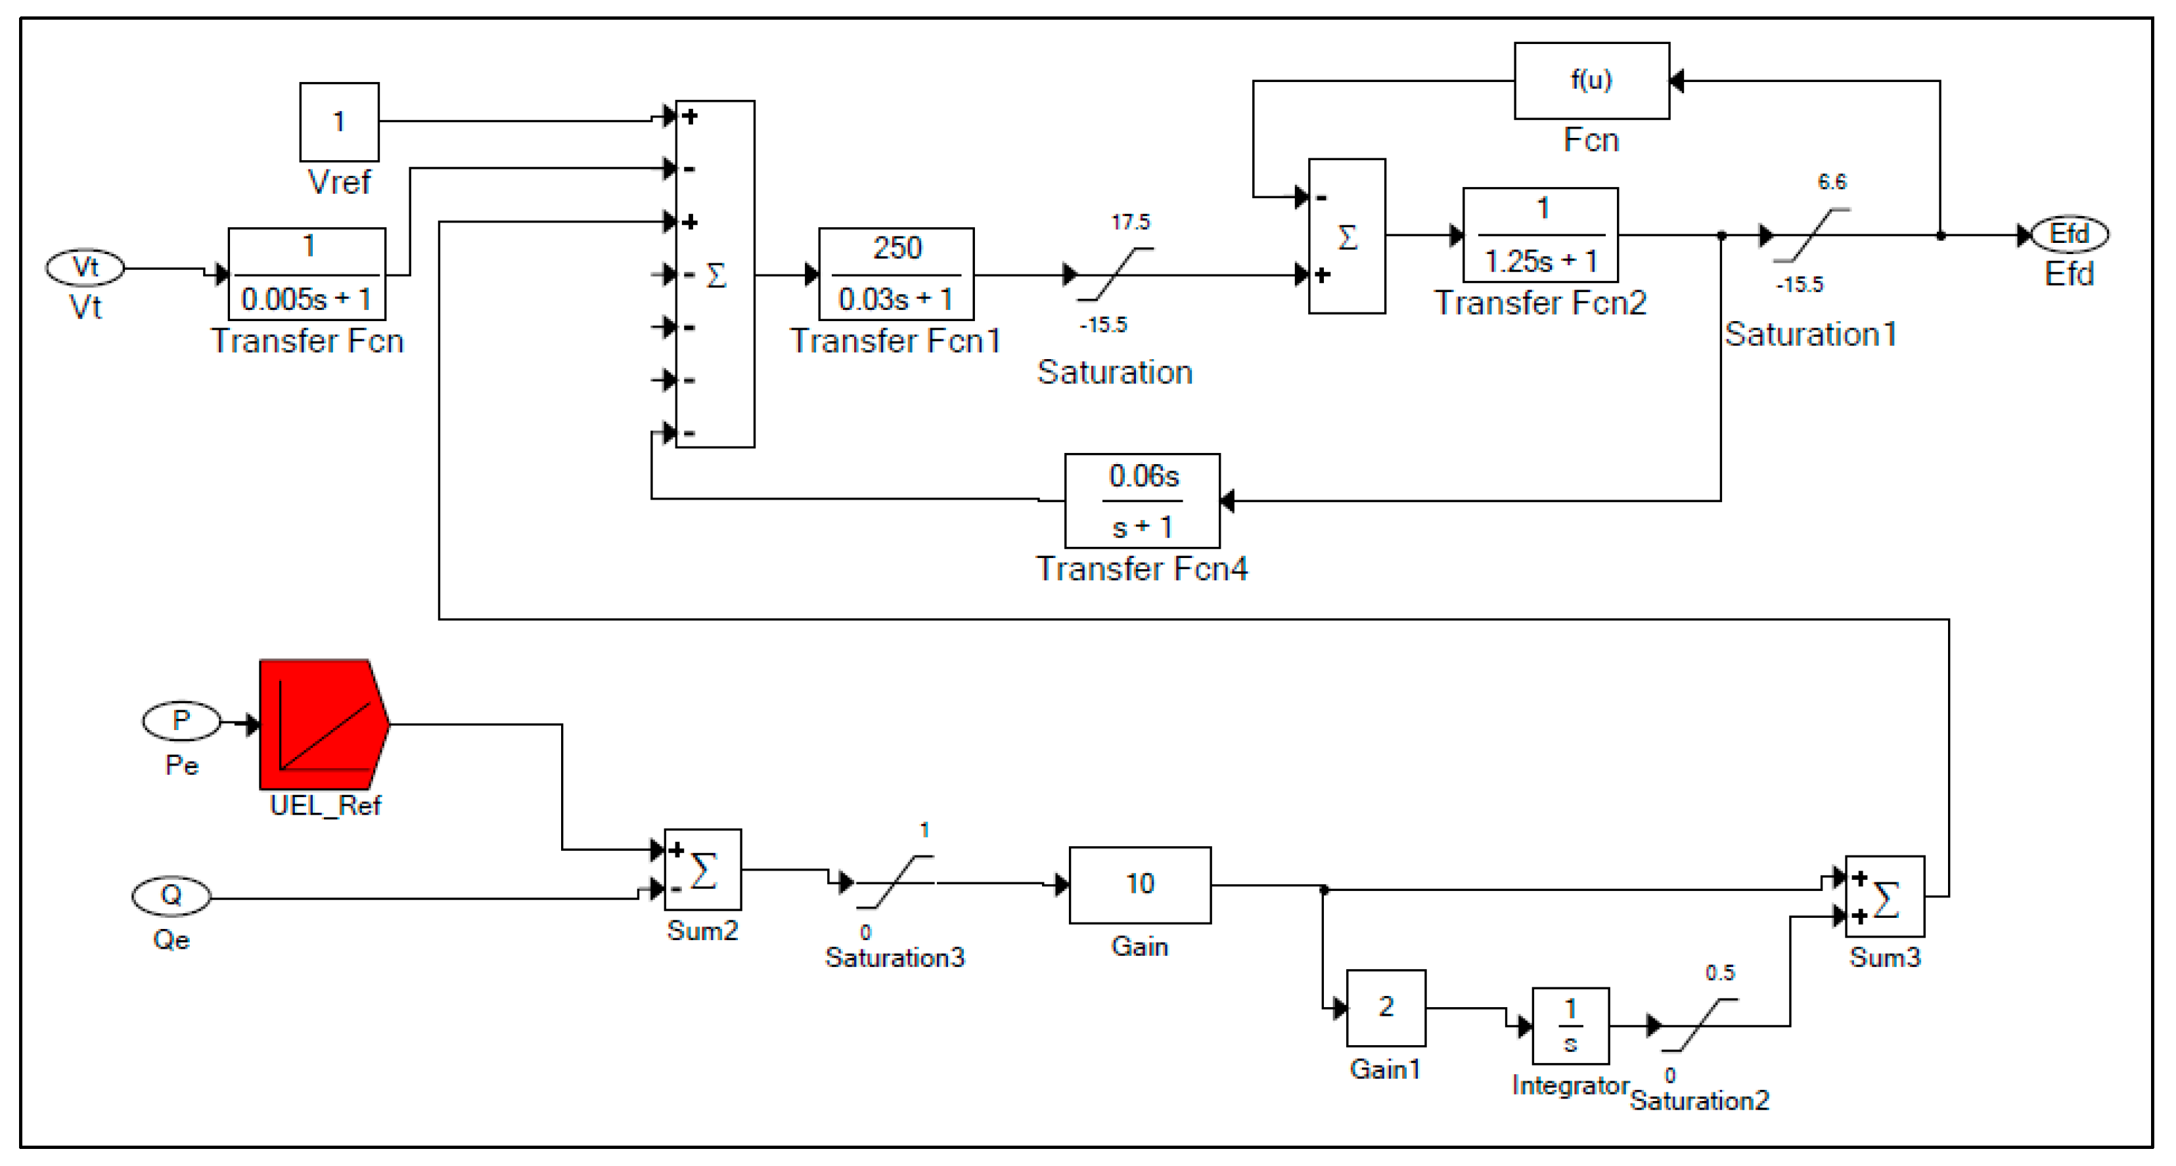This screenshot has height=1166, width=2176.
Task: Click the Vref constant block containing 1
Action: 339,121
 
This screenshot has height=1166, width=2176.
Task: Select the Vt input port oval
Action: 85,268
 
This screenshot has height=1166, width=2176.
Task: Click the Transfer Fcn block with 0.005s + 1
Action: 307,274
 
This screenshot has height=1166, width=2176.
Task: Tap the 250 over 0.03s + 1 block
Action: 895,274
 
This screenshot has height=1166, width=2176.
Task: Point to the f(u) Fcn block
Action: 1591,80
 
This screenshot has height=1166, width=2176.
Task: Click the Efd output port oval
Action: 2069,234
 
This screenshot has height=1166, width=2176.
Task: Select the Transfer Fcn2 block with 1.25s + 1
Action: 1540,235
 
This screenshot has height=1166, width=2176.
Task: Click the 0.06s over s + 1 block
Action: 1141,501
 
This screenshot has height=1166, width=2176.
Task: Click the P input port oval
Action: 181,721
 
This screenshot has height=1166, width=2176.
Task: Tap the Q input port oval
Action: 171,896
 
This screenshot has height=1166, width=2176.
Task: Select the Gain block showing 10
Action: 1139,884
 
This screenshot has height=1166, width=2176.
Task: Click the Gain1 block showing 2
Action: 1386,1007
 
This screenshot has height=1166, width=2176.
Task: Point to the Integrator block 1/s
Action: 1570,1025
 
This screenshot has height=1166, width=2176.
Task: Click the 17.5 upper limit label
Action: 1130,222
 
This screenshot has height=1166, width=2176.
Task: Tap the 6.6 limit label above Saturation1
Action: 1831,181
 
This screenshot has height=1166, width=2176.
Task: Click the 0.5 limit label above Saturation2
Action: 1719,973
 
